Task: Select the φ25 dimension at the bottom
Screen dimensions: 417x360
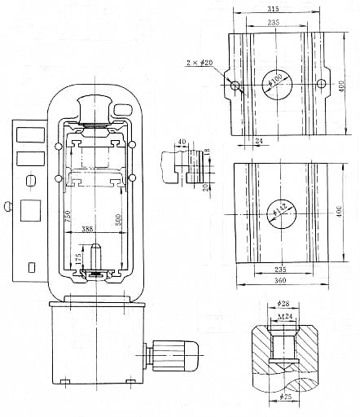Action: click(x=283, y=397)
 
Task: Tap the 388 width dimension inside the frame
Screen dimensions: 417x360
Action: click(x=88, y=230)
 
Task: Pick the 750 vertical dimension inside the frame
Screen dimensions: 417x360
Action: click(x=68, y=218)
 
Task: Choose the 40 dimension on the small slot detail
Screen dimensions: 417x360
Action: click(x=182, y=140)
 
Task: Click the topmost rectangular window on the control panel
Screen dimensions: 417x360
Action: click(x=27, y=131)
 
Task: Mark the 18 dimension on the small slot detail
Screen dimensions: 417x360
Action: click(x=207, y=153)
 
